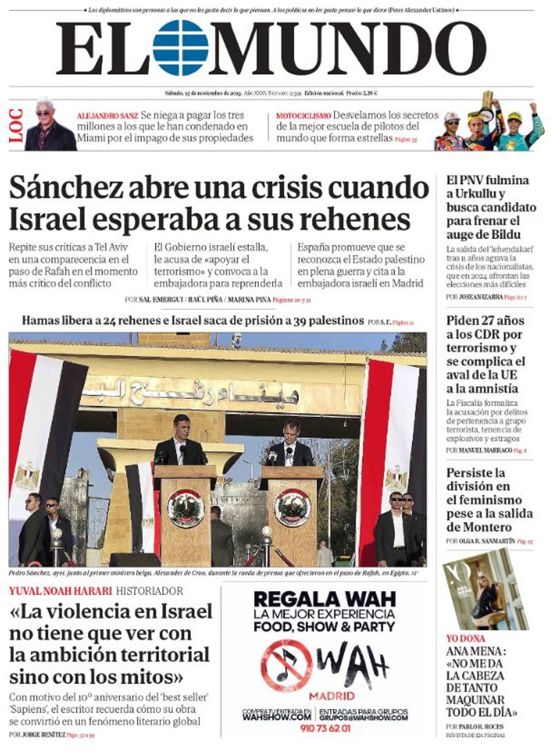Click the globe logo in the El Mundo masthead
[180, 48]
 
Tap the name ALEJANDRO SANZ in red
[107, 116]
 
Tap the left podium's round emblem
[185, 507]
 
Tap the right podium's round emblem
[292, 507]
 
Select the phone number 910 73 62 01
[324, 728]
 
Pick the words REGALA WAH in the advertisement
[324, 597]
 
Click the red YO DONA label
[466, 638]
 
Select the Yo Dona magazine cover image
[485, 588]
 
